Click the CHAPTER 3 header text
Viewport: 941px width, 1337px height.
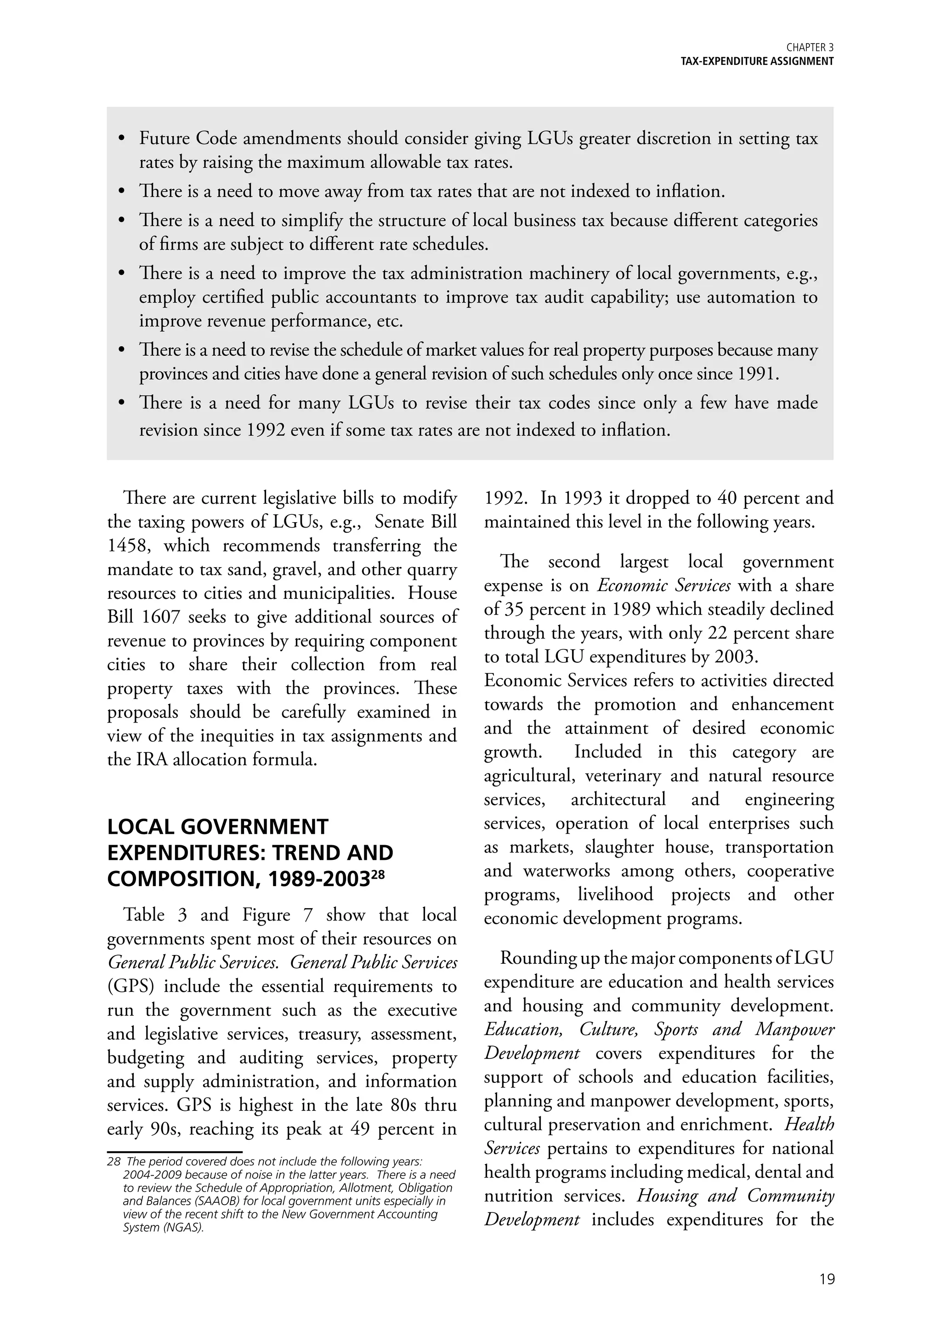pyautogui.click(x=810, y=48)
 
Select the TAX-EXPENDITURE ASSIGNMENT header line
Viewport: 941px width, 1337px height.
pyautogui.click(x=757, y=61)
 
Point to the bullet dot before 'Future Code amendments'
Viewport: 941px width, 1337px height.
pyautogui.click(x=122, y=139)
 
